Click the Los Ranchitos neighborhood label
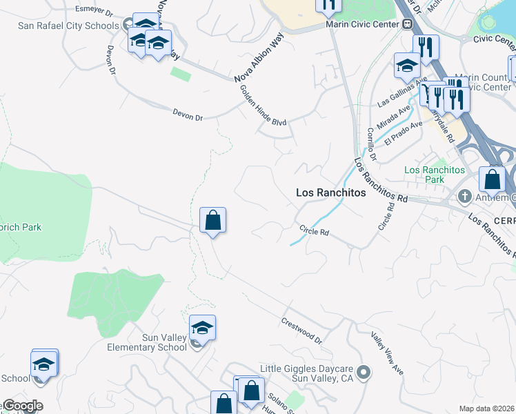click(x=330, y=193)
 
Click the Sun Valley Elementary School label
click(x=147, y=342)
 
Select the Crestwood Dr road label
click(x=301, y=331)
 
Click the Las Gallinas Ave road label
click(x=403, y=92)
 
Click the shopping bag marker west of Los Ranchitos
click(x=213, y=221)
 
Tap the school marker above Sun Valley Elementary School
click(x=202, y=328)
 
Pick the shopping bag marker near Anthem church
click(x=492, y=179)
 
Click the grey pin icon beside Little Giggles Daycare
click(x=365, y=373)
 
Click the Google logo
click(x=22, y=406)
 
